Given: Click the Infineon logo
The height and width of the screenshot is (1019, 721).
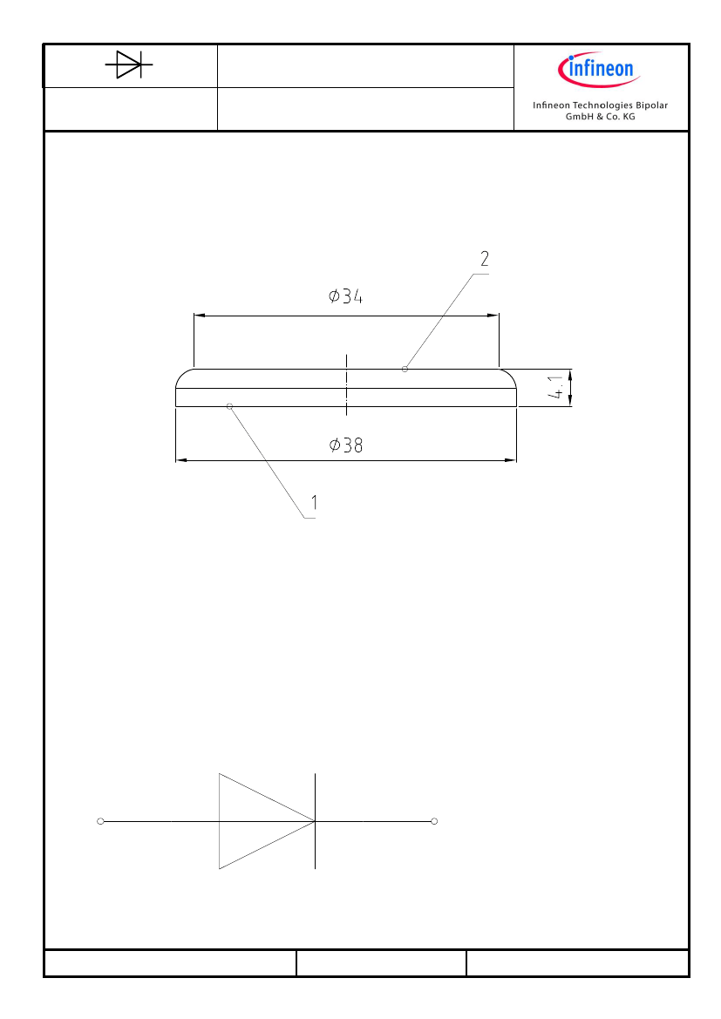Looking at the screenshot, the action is [599, 69].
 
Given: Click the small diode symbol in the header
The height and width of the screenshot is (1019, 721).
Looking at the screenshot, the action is [129, 65].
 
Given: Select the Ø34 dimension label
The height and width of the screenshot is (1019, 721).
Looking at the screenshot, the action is [345, 296].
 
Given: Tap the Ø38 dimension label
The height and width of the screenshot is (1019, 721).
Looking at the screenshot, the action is [346, 445].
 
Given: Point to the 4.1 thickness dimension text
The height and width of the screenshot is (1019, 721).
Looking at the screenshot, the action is [555, 387].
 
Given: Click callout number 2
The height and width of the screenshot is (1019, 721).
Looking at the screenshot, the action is [485, 259].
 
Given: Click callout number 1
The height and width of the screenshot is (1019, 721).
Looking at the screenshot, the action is [315, 502].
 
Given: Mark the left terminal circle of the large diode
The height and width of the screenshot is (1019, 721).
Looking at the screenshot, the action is [100, 821].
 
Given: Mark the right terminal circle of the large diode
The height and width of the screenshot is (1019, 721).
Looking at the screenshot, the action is [434, 821].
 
